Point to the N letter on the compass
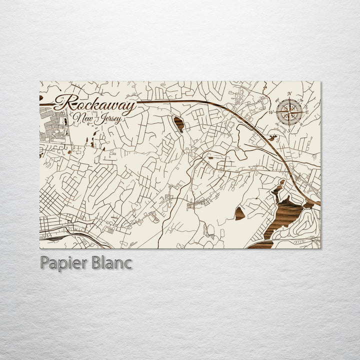[x=289, y=93]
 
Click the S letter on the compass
[x=288, y=130]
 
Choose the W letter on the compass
[x=271, y=112]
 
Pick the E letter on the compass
[x=306, y=112]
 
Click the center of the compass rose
[x=288, y=112]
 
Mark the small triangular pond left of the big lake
[x=240, y=213]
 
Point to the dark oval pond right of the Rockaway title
[x=178, y=123]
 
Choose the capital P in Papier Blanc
[x=44, y=263]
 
